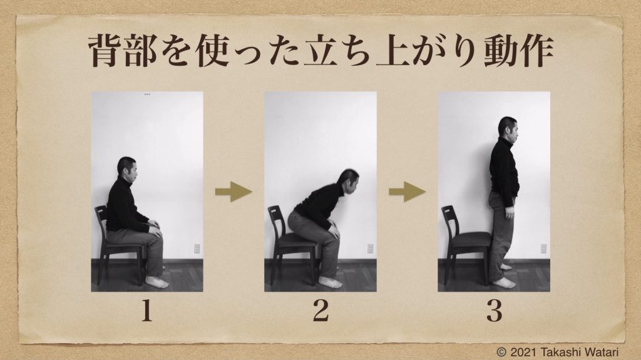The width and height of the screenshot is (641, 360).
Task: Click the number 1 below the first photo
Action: [x=146, y=311]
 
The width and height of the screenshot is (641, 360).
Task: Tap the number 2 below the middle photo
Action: [x=320, y=311]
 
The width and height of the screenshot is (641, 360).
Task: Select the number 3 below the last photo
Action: [x=495, y=311]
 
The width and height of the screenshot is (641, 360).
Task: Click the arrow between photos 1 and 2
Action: [x=233, y=192]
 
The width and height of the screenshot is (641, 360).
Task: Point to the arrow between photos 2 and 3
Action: [x=407, y=192]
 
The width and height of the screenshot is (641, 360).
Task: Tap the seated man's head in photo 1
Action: [x=127, y=167]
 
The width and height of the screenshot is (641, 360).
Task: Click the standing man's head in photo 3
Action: [x=508, y=128]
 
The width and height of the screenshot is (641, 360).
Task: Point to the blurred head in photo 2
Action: [x=348, y=181]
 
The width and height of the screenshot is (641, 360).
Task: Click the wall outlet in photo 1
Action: [x=197, y=249]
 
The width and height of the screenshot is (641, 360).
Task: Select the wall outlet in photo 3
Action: [x=544, y=249]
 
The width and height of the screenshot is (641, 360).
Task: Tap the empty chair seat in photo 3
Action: [x=471, y=239]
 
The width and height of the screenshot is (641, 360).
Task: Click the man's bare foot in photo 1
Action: [x=157, y=282]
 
